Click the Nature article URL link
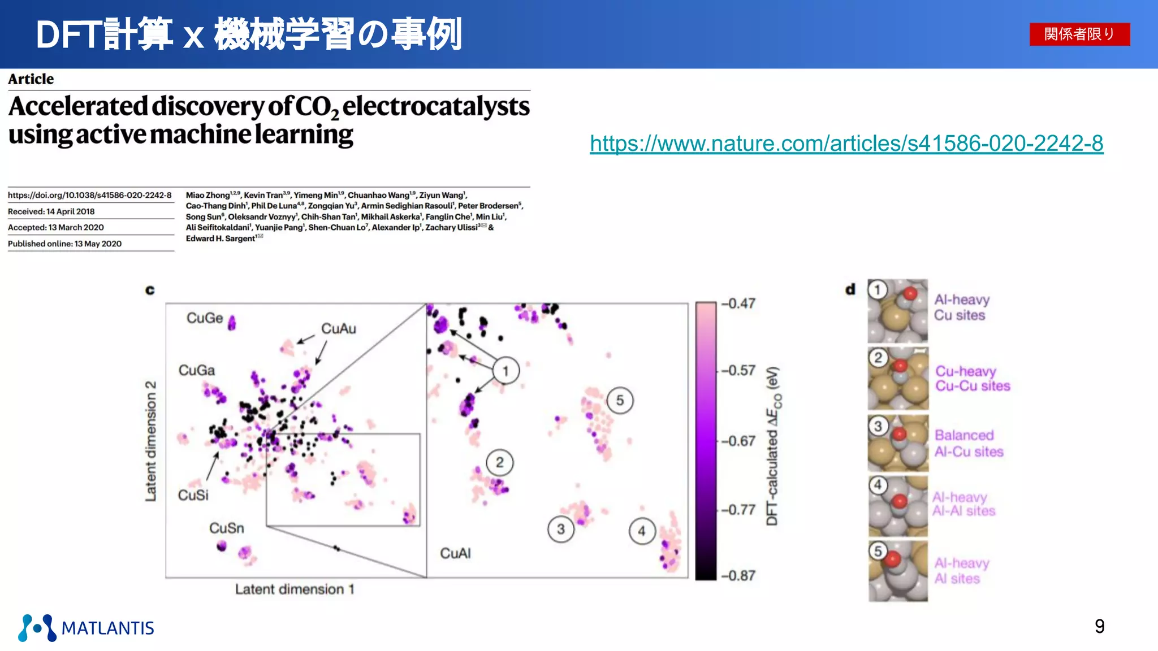coord(846,144)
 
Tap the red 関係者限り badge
coord(1079,34)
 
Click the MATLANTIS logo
coord(86,627)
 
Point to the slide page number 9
coord(1099,626)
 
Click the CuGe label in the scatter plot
coord(205,318)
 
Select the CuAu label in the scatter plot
coord(338,328)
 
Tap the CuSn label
coord(226,528)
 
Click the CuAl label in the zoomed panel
coord(455,553)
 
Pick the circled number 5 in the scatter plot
coord(620,400)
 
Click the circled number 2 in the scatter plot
coord(499,462)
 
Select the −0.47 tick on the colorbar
coord(738,303)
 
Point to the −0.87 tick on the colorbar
coord(738,575)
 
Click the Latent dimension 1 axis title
coord(295,589)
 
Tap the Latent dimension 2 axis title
coord(150,441)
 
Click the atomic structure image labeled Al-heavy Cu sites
coord(898,311)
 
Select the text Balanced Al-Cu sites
coord(968,443)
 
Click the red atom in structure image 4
coord(900,501)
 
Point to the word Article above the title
coord(31,79)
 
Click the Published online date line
coord(64,244)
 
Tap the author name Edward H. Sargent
coord(221,238)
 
